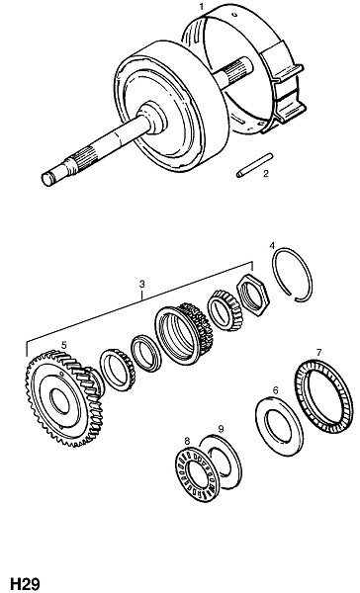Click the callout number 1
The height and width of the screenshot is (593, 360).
202,7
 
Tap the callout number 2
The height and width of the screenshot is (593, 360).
265,174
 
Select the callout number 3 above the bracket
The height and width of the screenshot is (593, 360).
142,284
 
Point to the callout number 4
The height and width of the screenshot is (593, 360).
272,245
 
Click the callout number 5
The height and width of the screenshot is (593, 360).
64,345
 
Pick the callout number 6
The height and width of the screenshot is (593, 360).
275,390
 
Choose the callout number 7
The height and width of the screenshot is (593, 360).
318,353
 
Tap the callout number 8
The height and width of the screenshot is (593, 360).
187,441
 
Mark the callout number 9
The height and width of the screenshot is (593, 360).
222,429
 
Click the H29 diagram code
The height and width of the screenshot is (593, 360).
25,583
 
